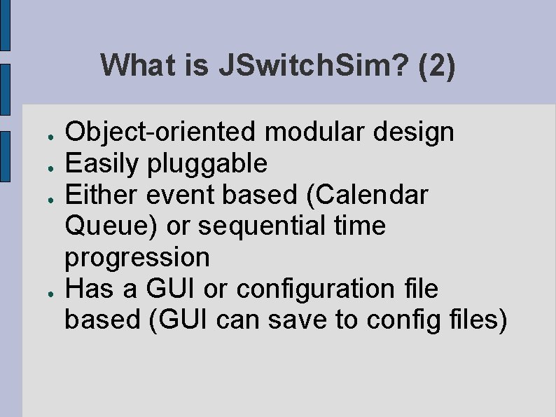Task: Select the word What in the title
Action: (x=141, y=66)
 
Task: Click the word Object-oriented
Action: (x=160, y=131)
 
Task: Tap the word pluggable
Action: (x=207, y=163)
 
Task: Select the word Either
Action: (x=102, y=195)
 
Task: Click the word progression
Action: (x=137, y=257)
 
